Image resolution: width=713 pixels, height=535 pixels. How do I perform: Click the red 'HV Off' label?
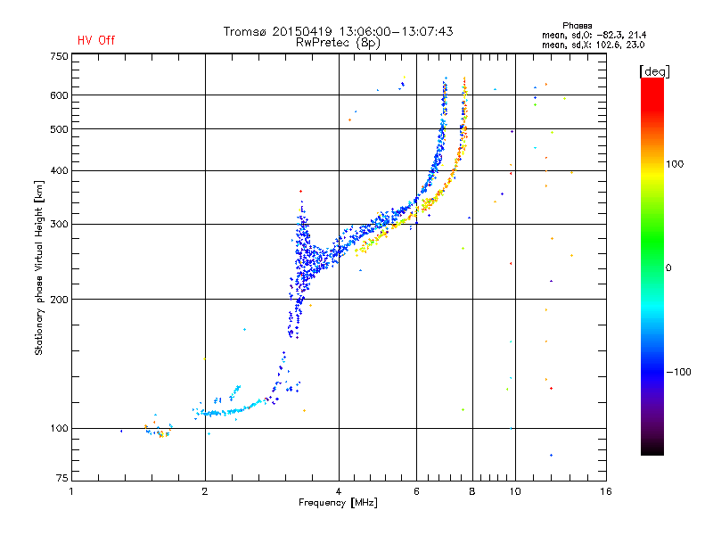96,40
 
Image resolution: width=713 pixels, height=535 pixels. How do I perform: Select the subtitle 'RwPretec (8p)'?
339,42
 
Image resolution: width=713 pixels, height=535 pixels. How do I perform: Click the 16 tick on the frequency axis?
606,491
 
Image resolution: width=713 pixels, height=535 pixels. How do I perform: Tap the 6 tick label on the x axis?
417,491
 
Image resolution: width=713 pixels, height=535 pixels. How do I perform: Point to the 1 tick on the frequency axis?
72,491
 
